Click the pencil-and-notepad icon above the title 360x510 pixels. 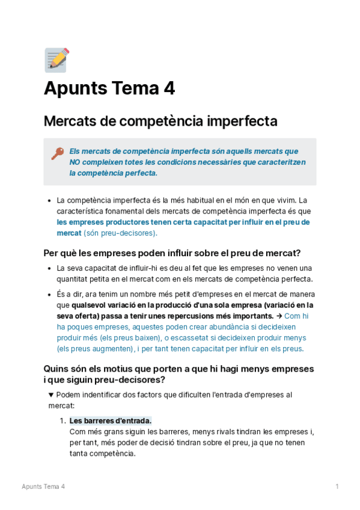coord(56,60)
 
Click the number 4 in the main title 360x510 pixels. coord(169,89)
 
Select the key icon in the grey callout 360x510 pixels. coord(57,154)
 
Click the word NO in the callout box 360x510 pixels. coord(75,162)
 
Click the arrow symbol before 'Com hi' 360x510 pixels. coord(279,316)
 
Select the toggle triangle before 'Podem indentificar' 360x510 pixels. coord(50,395)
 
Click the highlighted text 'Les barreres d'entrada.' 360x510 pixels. coord(111,421)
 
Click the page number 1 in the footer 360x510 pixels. coord(337,487)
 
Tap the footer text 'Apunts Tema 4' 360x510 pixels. coord(43,487)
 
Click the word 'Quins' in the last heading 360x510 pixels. coord(57,369)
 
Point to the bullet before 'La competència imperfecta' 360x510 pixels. coord(49,200)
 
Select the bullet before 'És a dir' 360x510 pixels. coord(49,295)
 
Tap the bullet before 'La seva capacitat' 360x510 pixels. coord(49,268)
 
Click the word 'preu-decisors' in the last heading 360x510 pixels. coord(132,380)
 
